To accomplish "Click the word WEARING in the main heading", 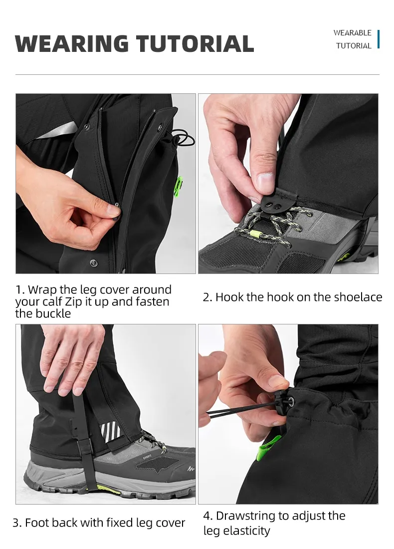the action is (72, 44).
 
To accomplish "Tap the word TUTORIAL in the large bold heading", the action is (195, 44).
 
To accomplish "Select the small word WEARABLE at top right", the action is (353, 32).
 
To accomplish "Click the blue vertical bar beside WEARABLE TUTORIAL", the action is (378, 39).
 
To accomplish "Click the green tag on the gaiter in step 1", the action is (179, 186).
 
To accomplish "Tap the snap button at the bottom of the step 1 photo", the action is (93, 263).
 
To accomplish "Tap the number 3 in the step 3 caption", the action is (16, 523).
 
